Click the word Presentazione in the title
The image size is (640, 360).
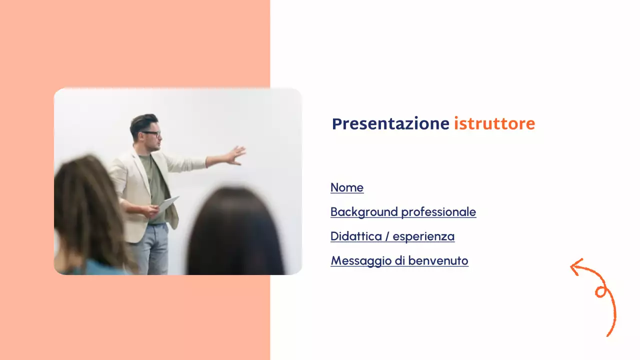click(x=390, y=124)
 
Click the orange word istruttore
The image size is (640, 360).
click(x=494, y=123)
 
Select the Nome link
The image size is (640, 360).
click(x=347, y=187)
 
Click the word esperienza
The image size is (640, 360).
click(x=423, y=236)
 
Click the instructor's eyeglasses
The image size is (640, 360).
click(x=151, y=134)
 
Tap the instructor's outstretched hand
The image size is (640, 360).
click(x=234, y=155)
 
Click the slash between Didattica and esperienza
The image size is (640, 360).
click(x=387, y=236)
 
